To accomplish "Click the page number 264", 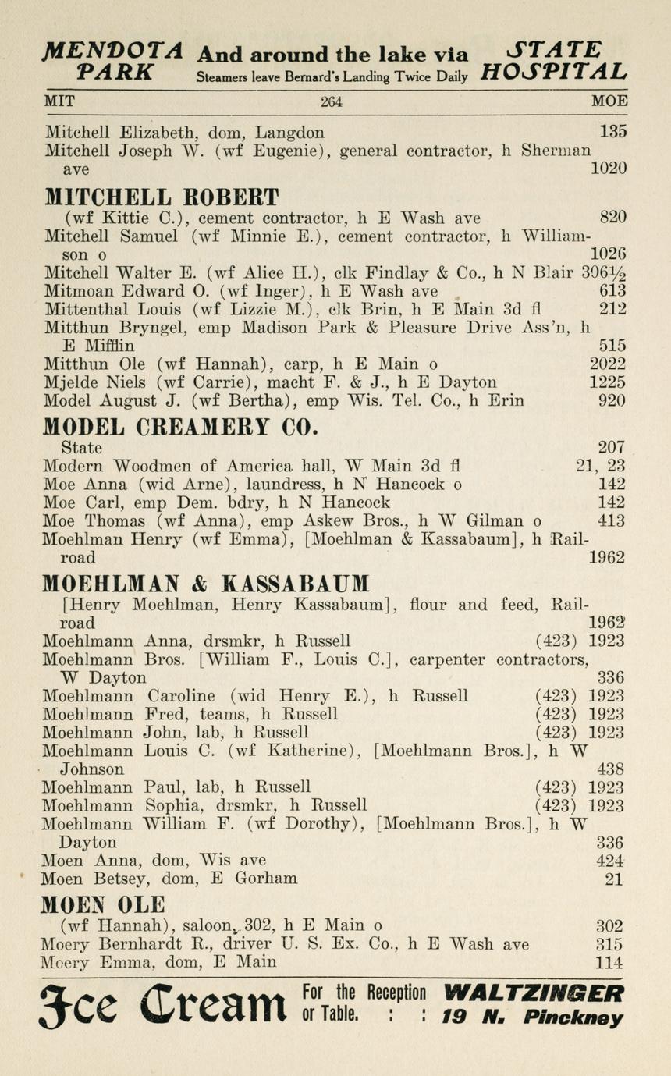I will pos(331,101).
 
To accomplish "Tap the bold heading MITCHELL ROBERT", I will pos(162,196).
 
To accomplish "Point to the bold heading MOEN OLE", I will pos(103,904).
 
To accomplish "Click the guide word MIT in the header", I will pos(59,101).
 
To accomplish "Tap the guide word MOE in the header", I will pos(609,101).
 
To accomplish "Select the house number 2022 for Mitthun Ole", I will pos(607,364).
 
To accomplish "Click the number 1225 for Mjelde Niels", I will pos(607,382).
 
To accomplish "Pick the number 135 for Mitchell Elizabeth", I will pos(612,132).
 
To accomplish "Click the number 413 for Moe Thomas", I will pos(611,520).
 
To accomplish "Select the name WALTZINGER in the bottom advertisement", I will pos(534,993).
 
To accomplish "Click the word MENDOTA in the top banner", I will pos(114,52).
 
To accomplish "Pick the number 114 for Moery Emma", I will pos(609,963).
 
